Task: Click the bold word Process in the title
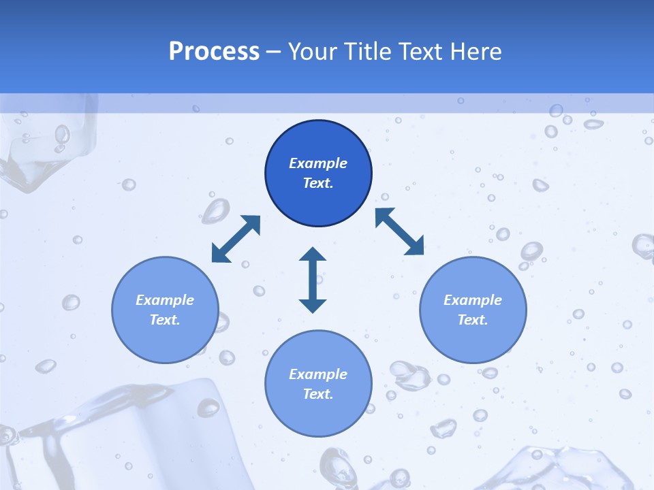click(x=214, y=52)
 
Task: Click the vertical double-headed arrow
click(x=313, y=280)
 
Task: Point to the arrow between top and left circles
click(x=236, y=239)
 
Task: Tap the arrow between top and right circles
click(x=399, y=232)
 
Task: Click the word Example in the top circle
click(x=318, y=163)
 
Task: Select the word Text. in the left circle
click(x=165, y=320)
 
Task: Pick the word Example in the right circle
click(x=473, y=300)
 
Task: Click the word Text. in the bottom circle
click(x=318, y=394)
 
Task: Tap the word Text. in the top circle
click(x=318, y=183)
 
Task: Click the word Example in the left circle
click(x=165, y=300)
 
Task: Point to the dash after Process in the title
click(x=273, y=52)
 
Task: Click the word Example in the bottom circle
click(x=318, y=374)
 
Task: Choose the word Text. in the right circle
click(x=473, y=320)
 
